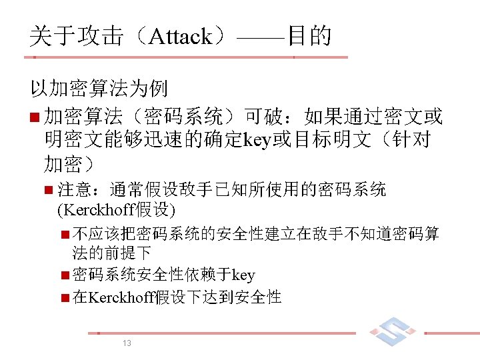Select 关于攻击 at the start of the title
[76, 36]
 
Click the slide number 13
[127, 343]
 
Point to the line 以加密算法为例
[98, 88]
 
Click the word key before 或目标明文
[257, 141]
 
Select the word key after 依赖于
[243, 275]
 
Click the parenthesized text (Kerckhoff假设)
[117, 211]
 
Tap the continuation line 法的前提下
[111, 253]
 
